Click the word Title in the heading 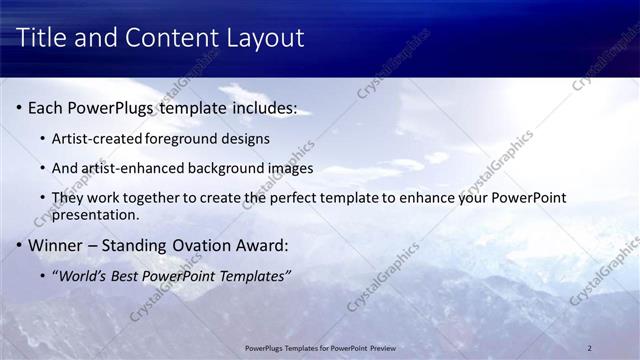pos(43,39)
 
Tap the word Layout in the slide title pos(264,39)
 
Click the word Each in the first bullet pos(46,107)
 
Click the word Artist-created pos(98,137)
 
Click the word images pos(291,168)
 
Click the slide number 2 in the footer pos(590,348)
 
